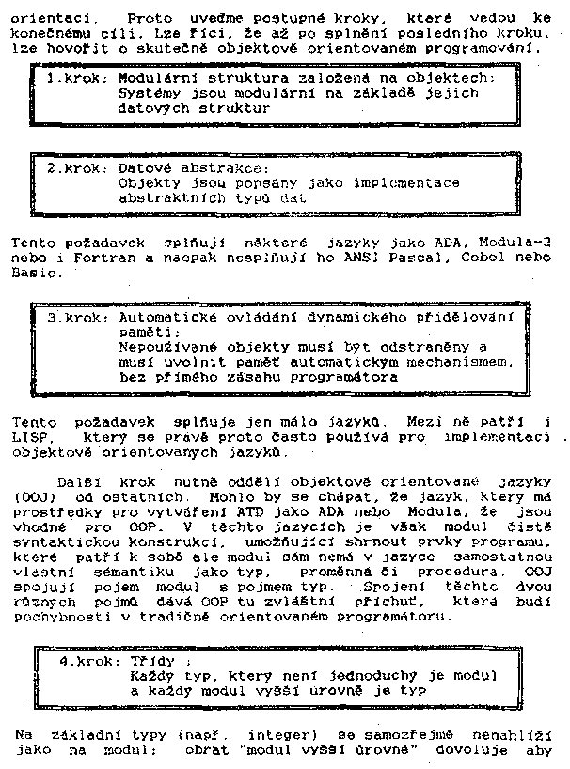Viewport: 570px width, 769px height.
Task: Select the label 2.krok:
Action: [x=77, y=168]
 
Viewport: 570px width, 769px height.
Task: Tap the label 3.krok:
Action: [x=79, y=318]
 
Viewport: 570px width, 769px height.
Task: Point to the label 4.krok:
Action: [x=90, y=661]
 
